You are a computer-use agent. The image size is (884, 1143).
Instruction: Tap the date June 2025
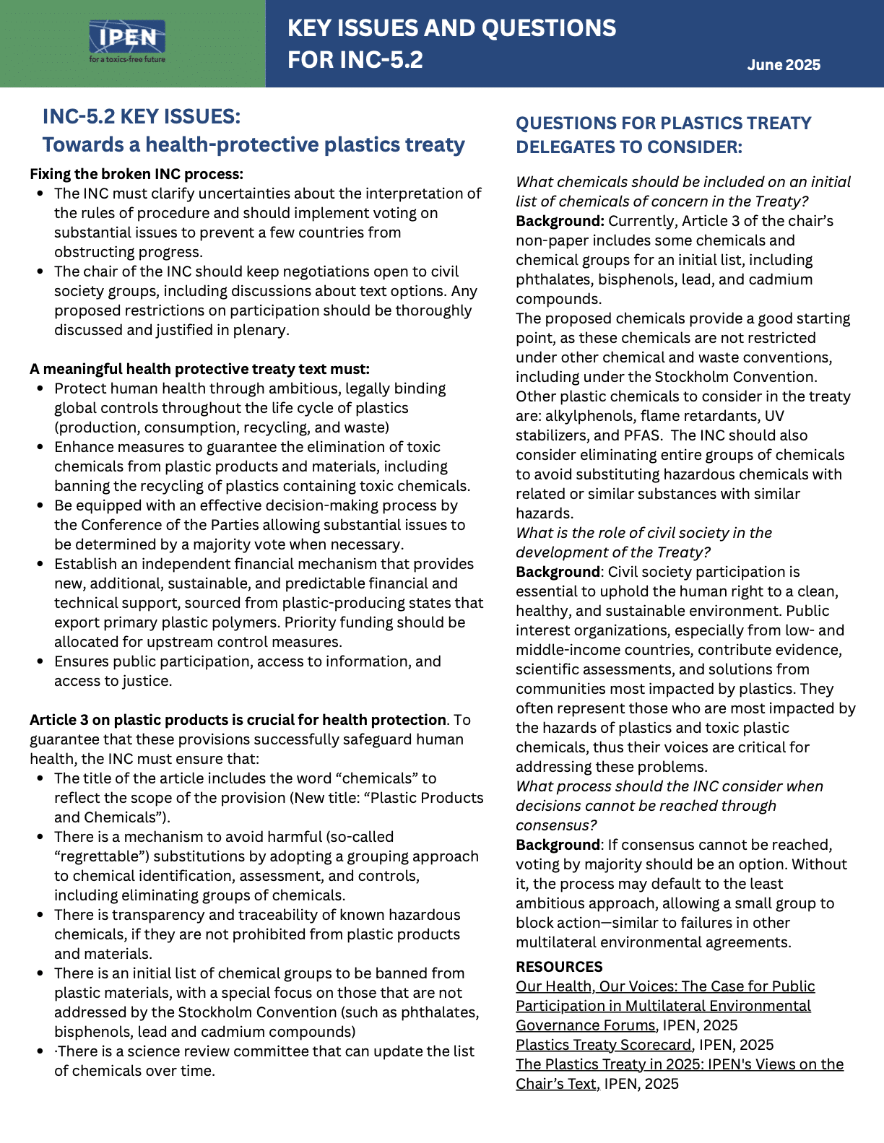point(784,65)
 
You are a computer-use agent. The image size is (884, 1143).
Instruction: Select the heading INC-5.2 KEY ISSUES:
point(142,116)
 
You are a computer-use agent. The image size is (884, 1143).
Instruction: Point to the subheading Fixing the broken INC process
point(136,174)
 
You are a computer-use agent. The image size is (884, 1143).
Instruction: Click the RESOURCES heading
point(559,967)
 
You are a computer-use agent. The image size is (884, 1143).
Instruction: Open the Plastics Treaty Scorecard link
point(603,1045)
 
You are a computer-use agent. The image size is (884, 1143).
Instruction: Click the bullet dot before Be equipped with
point(40,506)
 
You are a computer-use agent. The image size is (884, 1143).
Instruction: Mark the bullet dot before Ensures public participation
point(40,662)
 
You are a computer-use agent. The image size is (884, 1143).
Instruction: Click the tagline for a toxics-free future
point(127,59)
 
